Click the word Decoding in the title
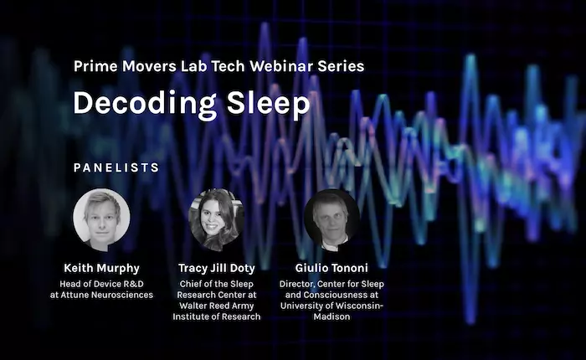point(145,104)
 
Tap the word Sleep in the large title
point(269,104)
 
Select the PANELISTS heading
point(116,167)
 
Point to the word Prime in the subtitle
point(95,66)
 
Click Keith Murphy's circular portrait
point(101,219)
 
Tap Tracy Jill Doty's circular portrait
point(216,219)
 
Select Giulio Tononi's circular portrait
point(332,219)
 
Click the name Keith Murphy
point(101,268)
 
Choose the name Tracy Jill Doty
point(217,268)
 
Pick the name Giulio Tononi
point(332,268)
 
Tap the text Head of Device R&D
point(101,284)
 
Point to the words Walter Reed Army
point(217,306)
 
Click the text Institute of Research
point(217,316)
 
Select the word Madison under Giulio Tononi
point(332,316)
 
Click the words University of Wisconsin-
point(332,306)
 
